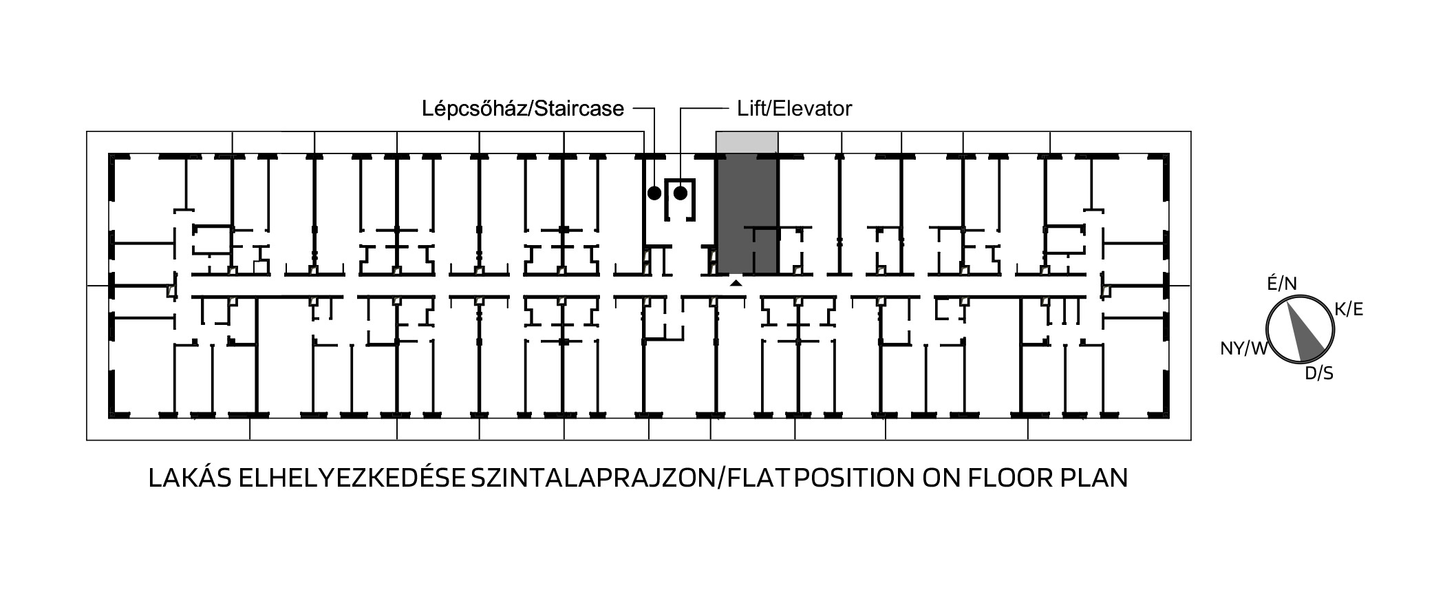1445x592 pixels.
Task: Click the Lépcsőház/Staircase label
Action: pos(523,109)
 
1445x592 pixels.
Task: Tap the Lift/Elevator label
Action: pos(795,109)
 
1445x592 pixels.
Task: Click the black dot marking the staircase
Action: pos(654,193)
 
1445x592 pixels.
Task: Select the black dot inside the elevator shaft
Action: pos(680,193)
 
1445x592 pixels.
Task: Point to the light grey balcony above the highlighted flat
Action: pos(747,143)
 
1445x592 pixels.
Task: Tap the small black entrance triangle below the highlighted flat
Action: pos(736,282)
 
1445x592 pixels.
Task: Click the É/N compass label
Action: pos(1282,284)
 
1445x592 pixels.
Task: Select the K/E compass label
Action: pos(1349,309)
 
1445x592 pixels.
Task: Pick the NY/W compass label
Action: pos(1243,348)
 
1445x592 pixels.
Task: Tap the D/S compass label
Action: pos(1319,373)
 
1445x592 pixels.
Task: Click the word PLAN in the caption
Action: pos(1094,478)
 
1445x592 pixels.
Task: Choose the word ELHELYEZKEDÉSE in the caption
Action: pos(352,478)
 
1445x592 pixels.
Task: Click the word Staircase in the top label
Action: pos(579,109)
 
